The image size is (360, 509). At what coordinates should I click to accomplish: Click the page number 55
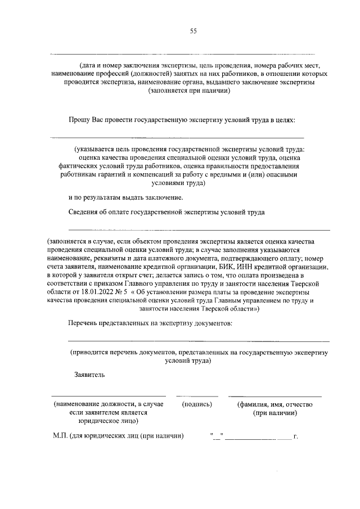(x=193, y=31)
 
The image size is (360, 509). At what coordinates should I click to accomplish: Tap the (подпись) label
(x=197, y=404)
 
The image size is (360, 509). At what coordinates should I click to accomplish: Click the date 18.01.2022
(x=98, y=292)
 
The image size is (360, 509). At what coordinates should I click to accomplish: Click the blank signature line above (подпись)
(x=197, y=397)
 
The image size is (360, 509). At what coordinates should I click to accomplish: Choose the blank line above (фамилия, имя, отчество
(x=275, y=397)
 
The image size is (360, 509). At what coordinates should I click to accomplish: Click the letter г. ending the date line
(x=295, y=436)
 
